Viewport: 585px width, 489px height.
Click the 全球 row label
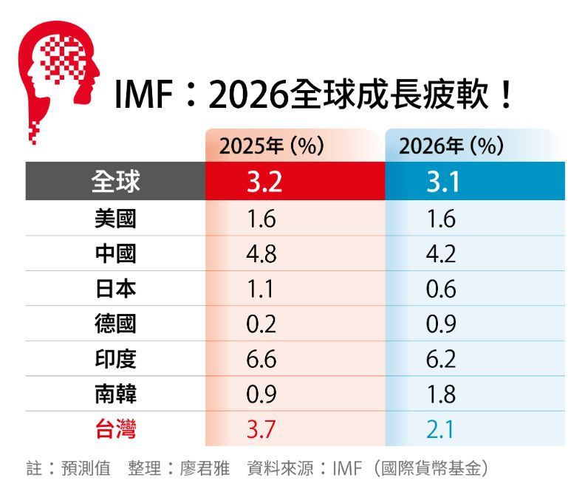coord(115,182)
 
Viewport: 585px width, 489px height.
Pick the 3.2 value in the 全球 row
coord(264,182)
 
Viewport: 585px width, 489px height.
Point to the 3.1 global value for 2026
coord(442,182)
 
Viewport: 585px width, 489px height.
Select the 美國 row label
coord(115,219)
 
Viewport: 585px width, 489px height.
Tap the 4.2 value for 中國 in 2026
coord(441,254)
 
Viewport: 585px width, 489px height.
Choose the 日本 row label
coord(115,289)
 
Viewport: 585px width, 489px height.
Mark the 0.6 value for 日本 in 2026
coord(441,289)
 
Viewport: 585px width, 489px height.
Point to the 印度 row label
coord(115,359)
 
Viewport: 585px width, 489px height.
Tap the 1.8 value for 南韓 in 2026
coord(441,394)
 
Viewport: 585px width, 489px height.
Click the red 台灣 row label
coord(115,429)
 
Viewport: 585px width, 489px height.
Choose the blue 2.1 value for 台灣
coord(441,429)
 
